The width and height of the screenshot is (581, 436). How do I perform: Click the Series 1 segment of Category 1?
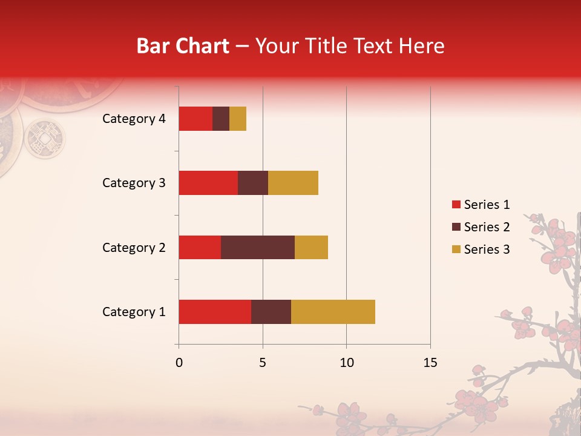tap(215, 311)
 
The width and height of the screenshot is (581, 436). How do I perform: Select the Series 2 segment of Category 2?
tap(258, 247)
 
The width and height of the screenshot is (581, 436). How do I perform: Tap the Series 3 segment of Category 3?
tap(293, 183)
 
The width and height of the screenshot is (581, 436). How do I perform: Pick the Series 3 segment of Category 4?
tap(238, 119)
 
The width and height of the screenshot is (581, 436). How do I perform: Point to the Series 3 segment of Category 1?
tap(333, 311)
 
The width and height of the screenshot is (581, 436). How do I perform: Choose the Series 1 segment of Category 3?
tap(208, 183)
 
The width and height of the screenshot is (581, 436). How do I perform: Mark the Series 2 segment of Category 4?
tap(221, 119)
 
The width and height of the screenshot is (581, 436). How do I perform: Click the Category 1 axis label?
tap(134, 312)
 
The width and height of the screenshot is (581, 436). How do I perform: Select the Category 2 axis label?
tap(134, 248)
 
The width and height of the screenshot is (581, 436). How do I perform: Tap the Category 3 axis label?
tap(134, 183)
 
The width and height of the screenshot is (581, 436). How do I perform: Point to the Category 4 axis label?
tap(134, 119)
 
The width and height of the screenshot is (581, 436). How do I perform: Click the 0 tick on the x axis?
tap(179, 363)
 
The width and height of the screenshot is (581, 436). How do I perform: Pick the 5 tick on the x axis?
tap(263, 363)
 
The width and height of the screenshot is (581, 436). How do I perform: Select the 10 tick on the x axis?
tap(346, 363)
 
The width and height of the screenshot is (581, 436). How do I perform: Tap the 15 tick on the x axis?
tap(430, 363)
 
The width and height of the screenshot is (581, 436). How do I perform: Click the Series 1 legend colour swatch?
tap(456, 205)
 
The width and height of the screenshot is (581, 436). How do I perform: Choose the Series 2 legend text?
tap(487, 227)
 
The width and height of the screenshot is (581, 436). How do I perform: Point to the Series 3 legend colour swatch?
tap(456, 249)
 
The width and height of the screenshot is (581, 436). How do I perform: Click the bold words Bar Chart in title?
tap(182, 46)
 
